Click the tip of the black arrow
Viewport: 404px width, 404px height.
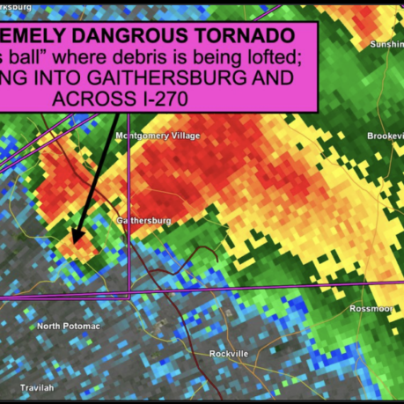pos(75,239)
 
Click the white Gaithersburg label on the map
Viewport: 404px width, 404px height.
pos(144,220)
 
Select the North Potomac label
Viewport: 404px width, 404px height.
pos(68,326)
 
